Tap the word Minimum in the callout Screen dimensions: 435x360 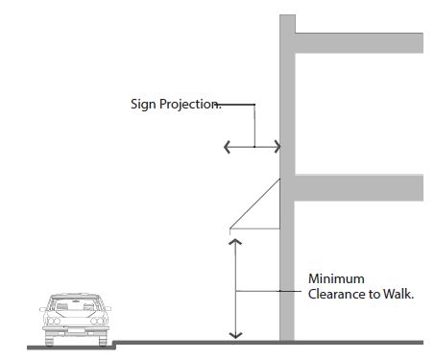336,278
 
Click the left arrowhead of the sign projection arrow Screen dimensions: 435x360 227,147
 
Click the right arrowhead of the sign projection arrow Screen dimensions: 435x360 278,147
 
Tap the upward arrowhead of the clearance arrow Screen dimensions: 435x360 235,242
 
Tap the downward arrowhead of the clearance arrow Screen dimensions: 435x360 235,335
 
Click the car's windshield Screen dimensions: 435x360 76,305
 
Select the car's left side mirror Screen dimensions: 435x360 43,309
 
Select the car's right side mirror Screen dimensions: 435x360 108,309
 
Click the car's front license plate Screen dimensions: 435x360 76,330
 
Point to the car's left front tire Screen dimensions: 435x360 50,339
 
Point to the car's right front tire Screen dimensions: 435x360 103,339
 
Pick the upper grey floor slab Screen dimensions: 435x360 359,43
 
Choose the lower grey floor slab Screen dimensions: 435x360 359,188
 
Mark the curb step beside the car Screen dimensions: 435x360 114,345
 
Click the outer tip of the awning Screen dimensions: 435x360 230,228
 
